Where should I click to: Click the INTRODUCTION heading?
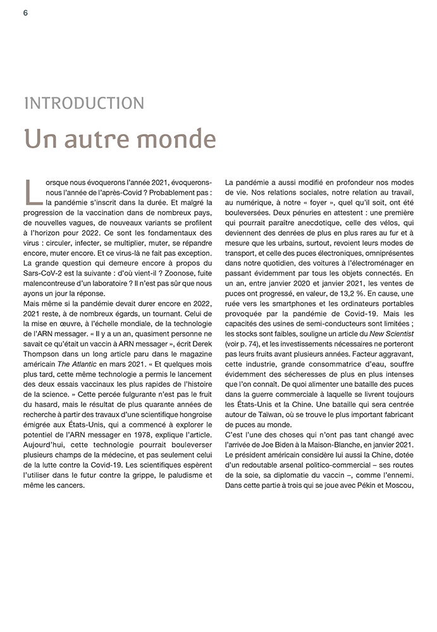pos(83,103)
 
